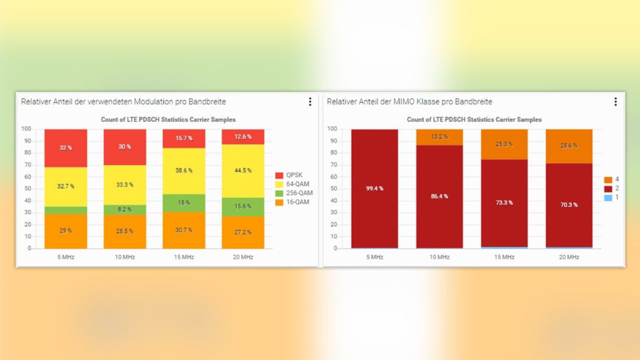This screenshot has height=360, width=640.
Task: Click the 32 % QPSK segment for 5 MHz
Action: [x=65, y=147]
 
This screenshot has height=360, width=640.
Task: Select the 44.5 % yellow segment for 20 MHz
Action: [x=242, y=170]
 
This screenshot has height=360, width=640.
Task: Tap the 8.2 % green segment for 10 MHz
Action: [x=124, y=210]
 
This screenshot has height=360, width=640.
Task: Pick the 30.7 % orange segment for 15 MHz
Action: [x=183, y=230]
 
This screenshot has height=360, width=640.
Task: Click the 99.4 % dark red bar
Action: [x=375, y=188]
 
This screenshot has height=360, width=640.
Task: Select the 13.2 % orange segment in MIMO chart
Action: [x=439, y=137]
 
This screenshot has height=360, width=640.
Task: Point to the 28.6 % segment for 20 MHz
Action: [x=569, y=146]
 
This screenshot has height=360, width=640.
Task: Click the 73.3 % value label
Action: [x=504, y=202]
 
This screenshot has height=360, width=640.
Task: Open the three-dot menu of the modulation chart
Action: [x=310, y=102]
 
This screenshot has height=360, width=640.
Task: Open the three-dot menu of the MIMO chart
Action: [x=616, y=102]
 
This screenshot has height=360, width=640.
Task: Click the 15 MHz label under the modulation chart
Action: [x=183, y=257]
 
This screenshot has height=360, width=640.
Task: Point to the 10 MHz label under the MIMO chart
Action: [x=439, y=257]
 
